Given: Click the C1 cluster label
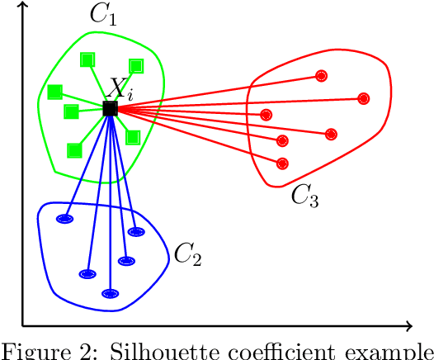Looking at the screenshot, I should tap(102, 15).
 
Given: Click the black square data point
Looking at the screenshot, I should tap(110, 108).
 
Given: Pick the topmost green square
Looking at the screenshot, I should tap(87, 59).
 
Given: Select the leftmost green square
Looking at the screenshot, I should tap(54, 92).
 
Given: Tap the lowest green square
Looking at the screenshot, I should tap(74, 149).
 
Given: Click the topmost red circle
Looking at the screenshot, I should tap(321, 76).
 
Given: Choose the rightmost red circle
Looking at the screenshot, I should tap(362, 98).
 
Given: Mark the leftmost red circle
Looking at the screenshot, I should tap(266, 114).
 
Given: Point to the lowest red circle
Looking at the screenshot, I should tap(282, 163).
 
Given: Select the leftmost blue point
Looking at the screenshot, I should tap(64, 219).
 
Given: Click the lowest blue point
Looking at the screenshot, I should tap(110, 293).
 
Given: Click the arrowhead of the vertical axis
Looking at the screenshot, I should tap(22, 6).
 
